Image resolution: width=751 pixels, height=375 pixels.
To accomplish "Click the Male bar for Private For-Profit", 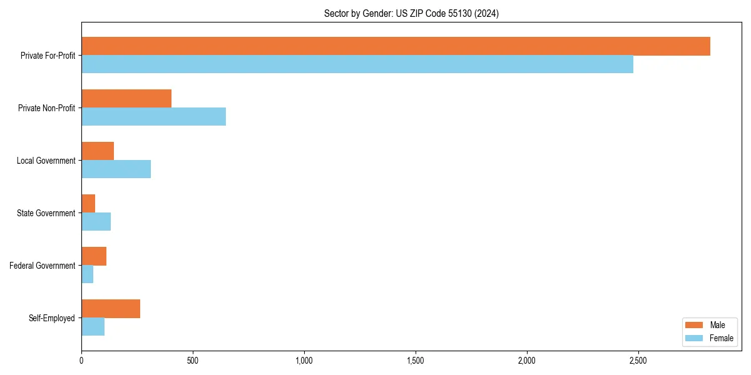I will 396,46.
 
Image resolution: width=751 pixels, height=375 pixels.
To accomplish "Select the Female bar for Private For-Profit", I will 357,64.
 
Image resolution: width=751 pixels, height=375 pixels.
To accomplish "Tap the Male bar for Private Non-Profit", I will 126,99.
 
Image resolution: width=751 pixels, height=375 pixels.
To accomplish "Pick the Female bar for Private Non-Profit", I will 153,117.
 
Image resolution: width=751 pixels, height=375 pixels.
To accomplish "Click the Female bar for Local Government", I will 116,169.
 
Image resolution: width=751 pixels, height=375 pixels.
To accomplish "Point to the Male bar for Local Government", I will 98,151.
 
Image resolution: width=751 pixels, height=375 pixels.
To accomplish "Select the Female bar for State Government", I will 96,222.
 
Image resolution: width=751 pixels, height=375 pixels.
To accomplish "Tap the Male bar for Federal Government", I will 94,256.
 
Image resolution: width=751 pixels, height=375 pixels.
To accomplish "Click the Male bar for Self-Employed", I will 111,309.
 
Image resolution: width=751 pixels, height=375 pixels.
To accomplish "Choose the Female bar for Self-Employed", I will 93,327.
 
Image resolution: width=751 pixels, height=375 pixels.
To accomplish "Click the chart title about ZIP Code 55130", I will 411,13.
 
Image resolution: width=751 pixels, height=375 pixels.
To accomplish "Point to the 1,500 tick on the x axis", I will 416,361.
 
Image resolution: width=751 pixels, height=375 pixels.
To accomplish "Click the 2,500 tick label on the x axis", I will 638,361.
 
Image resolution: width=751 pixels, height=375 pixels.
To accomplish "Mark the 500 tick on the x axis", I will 193,361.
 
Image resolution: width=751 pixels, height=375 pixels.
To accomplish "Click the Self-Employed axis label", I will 52,318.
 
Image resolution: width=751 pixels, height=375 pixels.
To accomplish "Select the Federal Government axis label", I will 43,266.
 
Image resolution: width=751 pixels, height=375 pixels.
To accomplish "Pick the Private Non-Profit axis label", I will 46,108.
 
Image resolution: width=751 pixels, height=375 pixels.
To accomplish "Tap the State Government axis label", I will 46,213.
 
